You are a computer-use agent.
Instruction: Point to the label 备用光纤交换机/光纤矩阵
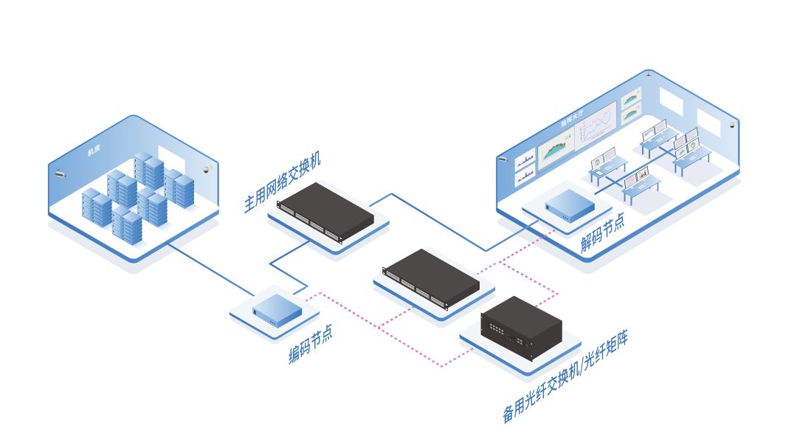click(x=565, y=377)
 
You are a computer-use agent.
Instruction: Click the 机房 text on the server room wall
click(x=94, y=151)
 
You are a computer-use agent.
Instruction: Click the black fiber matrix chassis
click(x=521, y=327)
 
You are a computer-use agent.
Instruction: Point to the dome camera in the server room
click(x=207, y=169)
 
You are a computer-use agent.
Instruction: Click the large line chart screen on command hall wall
click(x=596, y=123)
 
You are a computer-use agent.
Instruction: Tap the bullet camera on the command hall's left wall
click(x=503, y=158)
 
